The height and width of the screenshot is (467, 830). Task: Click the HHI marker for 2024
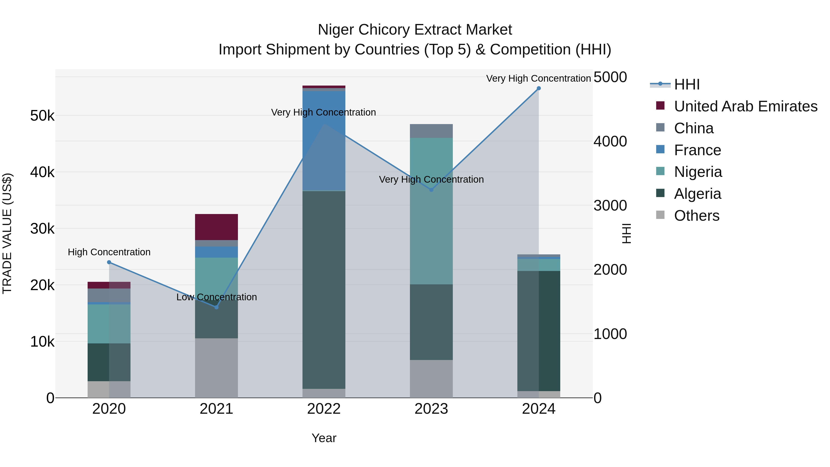pyautogui.click(x=538, y=88)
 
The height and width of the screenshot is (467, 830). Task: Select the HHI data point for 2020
pyautogui.click(x=109, y=262)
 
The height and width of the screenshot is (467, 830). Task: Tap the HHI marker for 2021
pyautogui.click(x=216, y=307)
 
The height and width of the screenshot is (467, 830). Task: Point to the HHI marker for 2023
pyautogui.click(x=431, y=190)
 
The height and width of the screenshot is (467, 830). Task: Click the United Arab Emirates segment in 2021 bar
pyautogui.click(x=216, y=227)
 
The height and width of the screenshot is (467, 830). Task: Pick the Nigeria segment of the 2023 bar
pyautogui.click(x=431, y=211)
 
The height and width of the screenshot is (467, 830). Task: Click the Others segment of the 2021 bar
pyautogui.click(x=216, y=368)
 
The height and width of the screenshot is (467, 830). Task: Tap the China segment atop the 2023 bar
pyautogui.click(x=431, y=131)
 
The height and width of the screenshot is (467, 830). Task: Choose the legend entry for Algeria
pyautogui.click(x=697, y=194)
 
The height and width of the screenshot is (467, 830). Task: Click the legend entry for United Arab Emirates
pyautogui.click(x=745, y=106)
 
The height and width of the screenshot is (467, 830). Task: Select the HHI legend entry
pyautogui.click(x=686, y=84)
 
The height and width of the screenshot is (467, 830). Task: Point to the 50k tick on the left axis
pyautogui.click(x=42, y=116)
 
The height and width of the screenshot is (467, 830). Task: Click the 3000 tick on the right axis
pyautogui.click(x=610, y=206)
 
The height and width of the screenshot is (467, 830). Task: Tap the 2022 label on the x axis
pyautogui.click(x=324, y=409)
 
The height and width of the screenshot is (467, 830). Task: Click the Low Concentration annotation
pyautogui.click(x=216, y=297)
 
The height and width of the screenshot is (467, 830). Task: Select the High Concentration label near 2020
pyautogui.click(x=109, y=252)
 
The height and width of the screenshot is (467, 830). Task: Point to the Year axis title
pyautogui.click(x=324, y=438)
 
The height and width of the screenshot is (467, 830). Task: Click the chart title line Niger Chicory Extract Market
pyautogui.click(x=415, y=30)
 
